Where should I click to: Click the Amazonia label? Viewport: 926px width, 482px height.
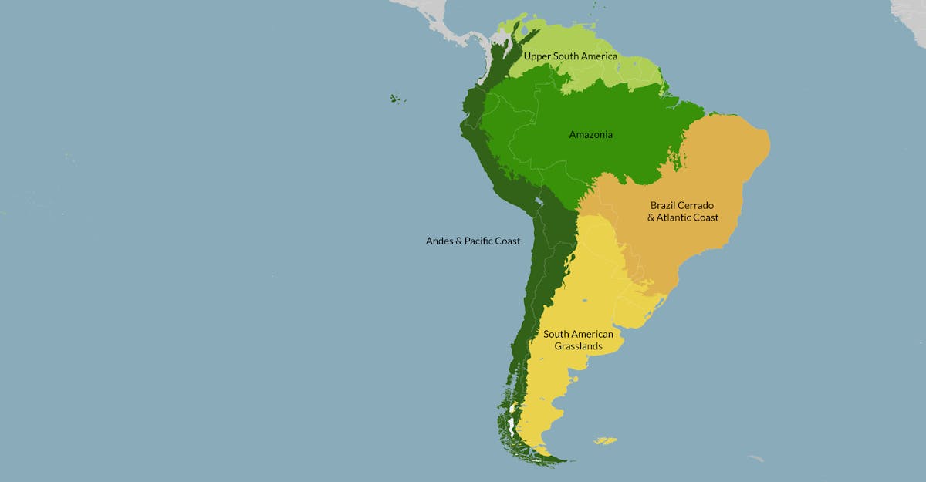(x=590, y=135)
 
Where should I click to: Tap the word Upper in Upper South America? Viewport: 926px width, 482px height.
(x=537, y=56)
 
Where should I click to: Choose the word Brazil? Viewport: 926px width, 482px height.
(x=664, y=206)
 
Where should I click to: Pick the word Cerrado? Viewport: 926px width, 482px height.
(x=697, y=206)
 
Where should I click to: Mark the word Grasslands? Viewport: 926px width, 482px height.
(x=578, y=346)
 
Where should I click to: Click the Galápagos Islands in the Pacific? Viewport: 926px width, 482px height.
(x=397, y=99)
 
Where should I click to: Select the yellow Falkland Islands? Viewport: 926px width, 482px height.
(x=605, y=441)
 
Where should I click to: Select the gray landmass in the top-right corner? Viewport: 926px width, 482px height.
(x=911, y=11)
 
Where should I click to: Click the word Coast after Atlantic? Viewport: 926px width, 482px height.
(x=705, y=217)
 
